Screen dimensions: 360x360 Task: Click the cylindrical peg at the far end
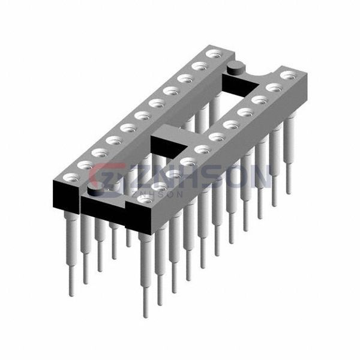235,68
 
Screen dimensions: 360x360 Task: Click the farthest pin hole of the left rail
214,55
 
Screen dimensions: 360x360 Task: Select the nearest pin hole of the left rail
71,178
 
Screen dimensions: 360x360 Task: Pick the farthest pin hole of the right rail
289,76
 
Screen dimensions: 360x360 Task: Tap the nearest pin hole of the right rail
145,199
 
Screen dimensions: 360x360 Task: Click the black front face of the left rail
66,197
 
